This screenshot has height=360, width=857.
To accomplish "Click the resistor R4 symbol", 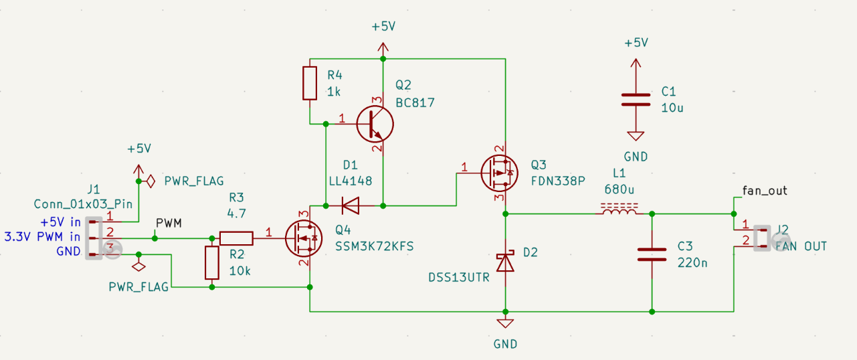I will click(310, 83).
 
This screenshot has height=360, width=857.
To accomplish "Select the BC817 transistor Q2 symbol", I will click(374, 123).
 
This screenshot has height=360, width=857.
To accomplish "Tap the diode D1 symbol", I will click(349, 205).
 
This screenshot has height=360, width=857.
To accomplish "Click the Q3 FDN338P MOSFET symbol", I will click(498, 173).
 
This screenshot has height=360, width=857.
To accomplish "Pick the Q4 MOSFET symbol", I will click(302, 238).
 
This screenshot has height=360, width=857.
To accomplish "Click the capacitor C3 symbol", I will click(652, 254).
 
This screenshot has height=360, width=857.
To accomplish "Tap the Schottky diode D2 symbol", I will click(506, 262).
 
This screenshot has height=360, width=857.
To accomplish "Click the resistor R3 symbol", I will click(236, 238).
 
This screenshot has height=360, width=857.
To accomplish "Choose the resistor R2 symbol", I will click(212, 262).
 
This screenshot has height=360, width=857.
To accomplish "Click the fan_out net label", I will click(765, 191).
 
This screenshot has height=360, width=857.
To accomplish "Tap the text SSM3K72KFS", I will click(375, 246).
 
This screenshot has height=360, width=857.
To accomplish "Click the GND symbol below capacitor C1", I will click(636, 137).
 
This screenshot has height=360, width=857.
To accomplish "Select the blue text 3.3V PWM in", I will click(42, 236).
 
